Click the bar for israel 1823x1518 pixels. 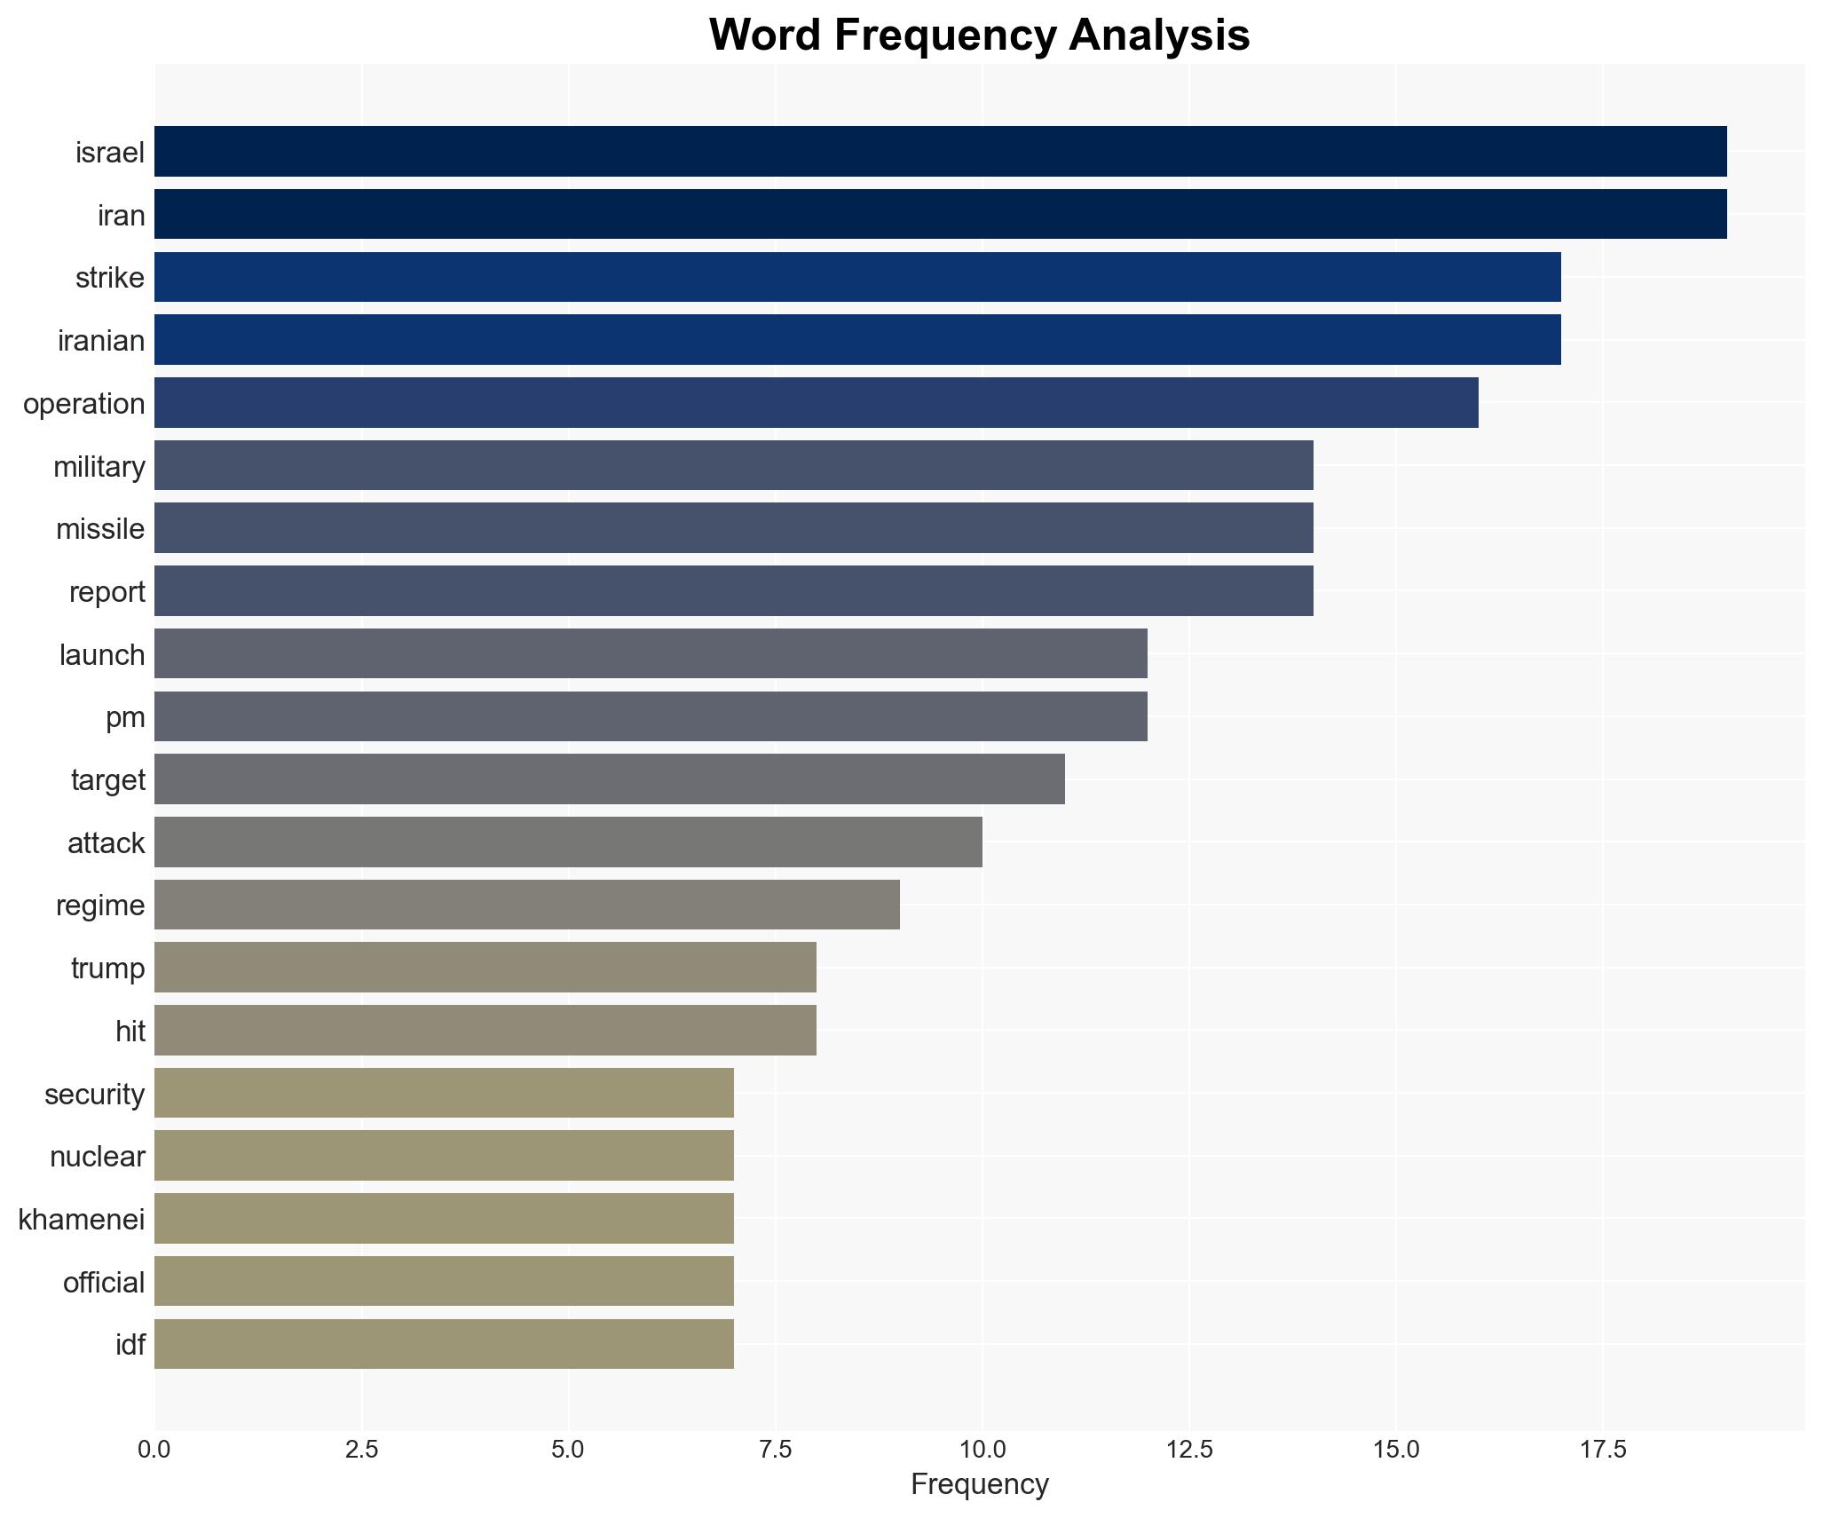[941, 151]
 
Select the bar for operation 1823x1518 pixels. [817, 402]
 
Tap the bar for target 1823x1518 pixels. [610, 779]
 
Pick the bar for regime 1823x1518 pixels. [527, 905]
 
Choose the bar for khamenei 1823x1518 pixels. [444, 1218]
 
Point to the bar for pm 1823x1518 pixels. [651, 716]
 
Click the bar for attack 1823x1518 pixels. [568, 842]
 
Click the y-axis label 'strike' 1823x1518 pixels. [110, 278]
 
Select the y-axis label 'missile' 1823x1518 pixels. [100, 529]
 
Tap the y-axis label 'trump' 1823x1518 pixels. [107, 968]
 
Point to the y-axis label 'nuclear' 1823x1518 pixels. [98, 1156]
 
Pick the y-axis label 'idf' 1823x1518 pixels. [130, 1344]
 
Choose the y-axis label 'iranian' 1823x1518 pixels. [101, 341]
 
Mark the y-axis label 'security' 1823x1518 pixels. [95, 1094]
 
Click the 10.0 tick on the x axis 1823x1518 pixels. [982, 1450]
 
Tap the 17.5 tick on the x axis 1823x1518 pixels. [1603, 1450]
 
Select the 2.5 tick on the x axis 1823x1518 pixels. [361, 1450]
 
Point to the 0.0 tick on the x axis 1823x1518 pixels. [154, 1450]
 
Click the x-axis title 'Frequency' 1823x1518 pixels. [980, 1484]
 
